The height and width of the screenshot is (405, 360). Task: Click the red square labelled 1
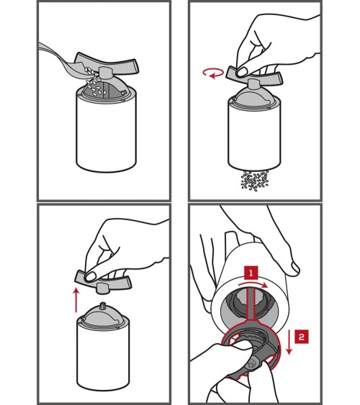click(x=251, y=273)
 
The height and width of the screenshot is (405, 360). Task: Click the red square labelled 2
click(x=302, y=337)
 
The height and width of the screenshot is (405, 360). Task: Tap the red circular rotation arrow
click(x=213, y=73)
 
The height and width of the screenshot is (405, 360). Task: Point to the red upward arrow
click(x=76, y=300)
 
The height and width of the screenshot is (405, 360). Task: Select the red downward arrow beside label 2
click(x=289, y=342)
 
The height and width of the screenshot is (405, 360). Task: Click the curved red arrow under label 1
click(x=253, y=284)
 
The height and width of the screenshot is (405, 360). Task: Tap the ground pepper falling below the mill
click(x=255, y=181)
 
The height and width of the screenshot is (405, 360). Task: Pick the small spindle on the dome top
click(x=104, y=305)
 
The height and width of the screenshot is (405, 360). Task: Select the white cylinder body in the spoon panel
click(x=106, y=132)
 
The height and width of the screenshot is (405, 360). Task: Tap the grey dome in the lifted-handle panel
click(x=103, y=316)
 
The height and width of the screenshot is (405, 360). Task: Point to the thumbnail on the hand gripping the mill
click(x=294, y=268)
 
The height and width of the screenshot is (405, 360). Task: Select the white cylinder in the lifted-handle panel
click(x=103, y=355)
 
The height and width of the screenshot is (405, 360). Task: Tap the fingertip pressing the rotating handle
click(x=242, y=72)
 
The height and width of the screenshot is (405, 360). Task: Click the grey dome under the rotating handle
click(x=255, y=97)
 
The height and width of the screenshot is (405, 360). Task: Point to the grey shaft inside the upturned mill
click(x=251, y=304)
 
